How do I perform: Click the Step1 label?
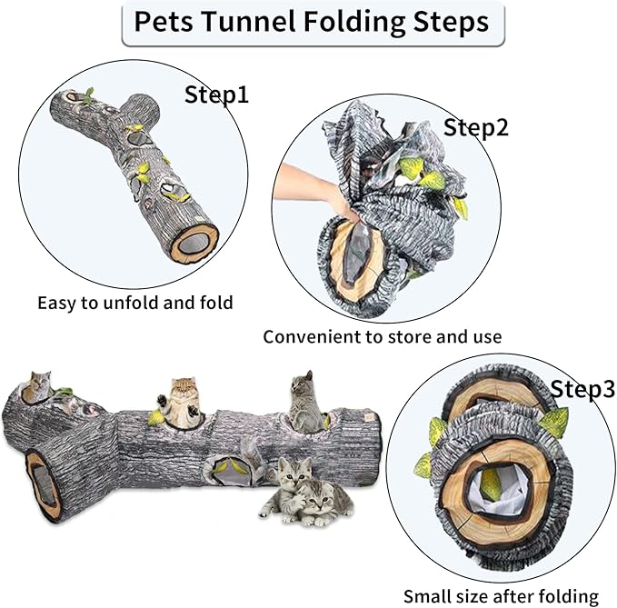click(216, 95)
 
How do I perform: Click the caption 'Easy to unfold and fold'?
click(134, 303)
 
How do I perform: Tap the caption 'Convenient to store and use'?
click(382, 336)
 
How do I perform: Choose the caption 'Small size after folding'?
click(501, 596)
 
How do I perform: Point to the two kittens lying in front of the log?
click(304, 494)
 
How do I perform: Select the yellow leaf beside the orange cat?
click(155, 418)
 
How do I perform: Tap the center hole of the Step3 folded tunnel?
click(492, 482)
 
